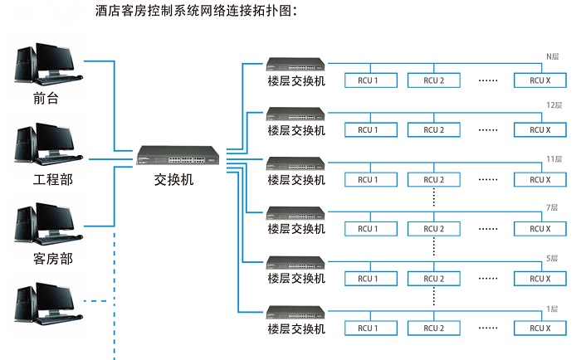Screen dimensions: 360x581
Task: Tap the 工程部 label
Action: (x=52, y=179)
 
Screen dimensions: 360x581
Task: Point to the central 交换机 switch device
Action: (x=179, y=156)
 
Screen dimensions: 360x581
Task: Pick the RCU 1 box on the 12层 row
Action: (x=367, y=130)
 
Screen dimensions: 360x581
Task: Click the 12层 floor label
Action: (x=554, y=106)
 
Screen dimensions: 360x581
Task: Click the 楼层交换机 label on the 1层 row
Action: (x=296, y=328)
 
